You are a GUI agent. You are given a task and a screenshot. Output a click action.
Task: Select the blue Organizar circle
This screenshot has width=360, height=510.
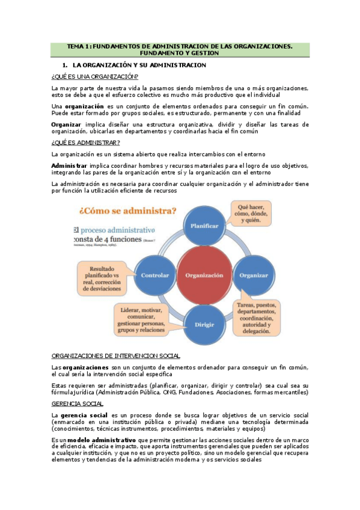pyautogui.click(x=253, y=275)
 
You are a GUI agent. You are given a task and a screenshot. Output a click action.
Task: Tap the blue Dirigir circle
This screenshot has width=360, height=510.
pyautogui.click(x=200, y=324)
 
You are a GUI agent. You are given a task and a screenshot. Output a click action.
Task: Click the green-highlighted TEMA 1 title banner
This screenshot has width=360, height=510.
pyautogui.click(x=180, y=49)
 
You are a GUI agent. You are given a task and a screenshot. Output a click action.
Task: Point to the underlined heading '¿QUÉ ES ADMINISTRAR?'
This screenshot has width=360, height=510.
pyautogui.click(x=85, y=142)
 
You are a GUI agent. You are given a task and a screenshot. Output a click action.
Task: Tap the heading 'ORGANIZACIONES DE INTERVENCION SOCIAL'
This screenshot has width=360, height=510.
pyautogui.click(x=116, y=355)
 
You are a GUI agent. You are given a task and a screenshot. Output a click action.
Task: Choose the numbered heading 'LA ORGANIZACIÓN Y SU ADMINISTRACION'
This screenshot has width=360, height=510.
pyautogui.click(x=139, y=64)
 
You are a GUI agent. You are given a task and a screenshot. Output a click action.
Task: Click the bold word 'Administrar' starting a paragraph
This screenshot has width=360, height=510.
pyautogui.click(x=69, y=165)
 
